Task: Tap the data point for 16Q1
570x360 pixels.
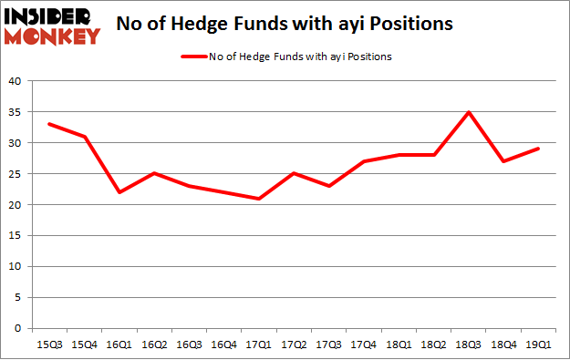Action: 119,192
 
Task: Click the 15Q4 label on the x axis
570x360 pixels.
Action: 84,344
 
